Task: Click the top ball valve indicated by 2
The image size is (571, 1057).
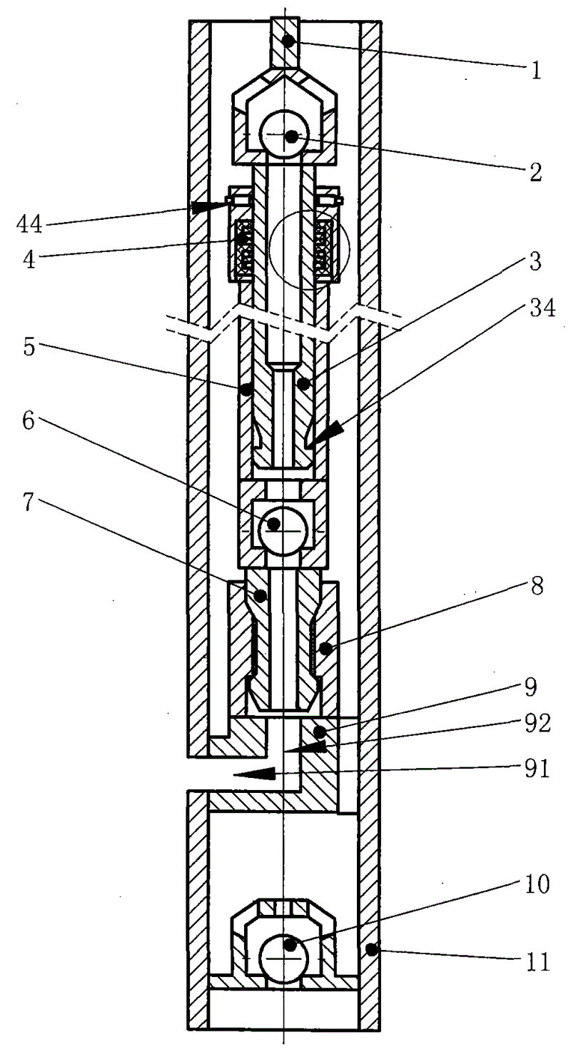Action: point(285,135)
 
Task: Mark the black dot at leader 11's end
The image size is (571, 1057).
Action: point(370,949)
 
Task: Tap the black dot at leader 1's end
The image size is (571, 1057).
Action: point(288,41)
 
